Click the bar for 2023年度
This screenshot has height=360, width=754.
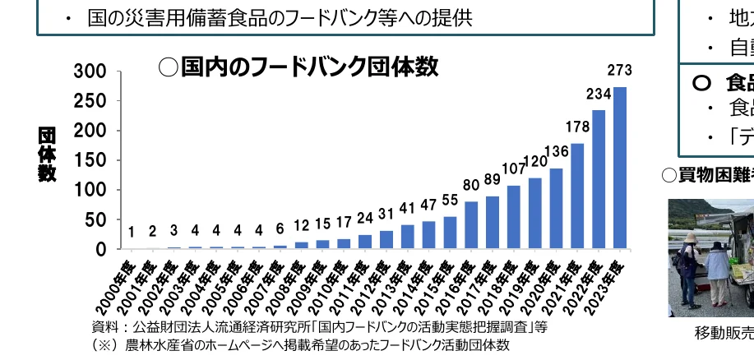[x=620, y=168]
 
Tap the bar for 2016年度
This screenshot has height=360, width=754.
[x=471, y=224]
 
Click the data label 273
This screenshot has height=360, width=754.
[x=620, y=71]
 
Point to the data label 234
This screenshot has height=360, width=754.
[x=599, y=95]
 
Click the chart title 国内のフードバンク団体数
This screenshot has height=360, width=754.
[x=298, y=67]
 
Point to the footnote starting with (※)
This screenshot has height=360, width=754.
[x=300, y=345]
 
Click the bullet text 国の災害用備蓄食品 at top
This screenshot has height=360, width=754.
[x=280, y=18]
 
